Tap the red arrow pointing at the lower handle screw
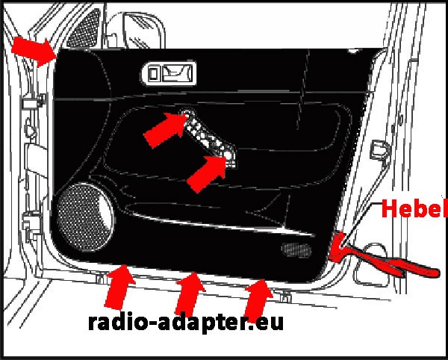[x=207, y=173]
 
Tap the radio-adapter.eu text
[x=186, y=323]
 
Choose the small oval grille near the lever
[x=297, y=249]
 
